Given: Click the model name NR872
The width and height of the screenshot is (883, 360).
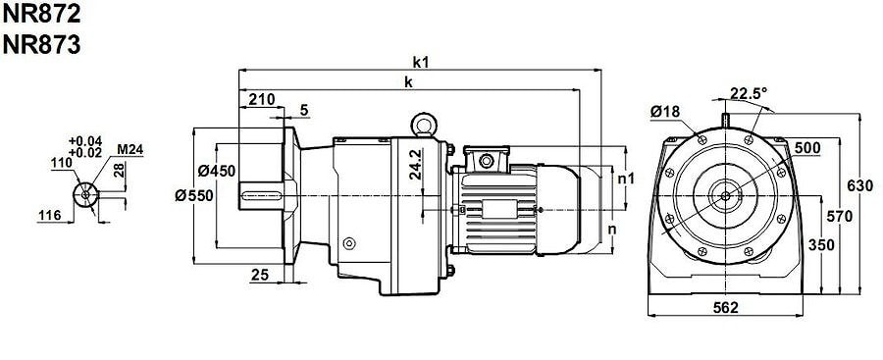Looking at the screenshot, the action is coord(41,14).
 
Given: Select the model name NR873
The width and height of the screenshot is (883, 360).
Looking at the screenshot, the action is coord(41,45).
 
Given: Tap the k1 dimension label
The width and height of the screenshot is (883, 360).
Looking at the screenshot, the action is coord(421,62).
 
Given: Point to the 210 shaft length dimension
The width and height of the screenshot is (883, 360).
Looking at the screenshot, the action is coord(262,100).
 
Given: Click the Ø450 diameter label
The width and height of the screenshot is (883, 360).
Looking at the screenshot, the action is coord(217,171).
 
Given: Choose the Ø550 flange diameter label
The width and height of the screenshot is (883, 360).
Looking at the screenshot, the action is coord(193,195).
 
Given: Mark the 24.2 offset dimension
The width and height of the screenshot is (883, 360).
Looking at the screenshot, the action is coord(416,164).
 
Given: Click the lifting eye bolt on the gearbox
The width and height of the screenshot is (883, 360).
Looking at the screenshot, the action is coord(422,125).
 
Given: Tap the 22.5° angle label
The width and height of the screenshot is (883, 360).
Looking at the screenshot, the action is coord(749,93).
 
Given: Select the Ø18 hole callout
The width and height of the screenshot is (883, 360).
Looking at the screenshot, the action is coord(664,112).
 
